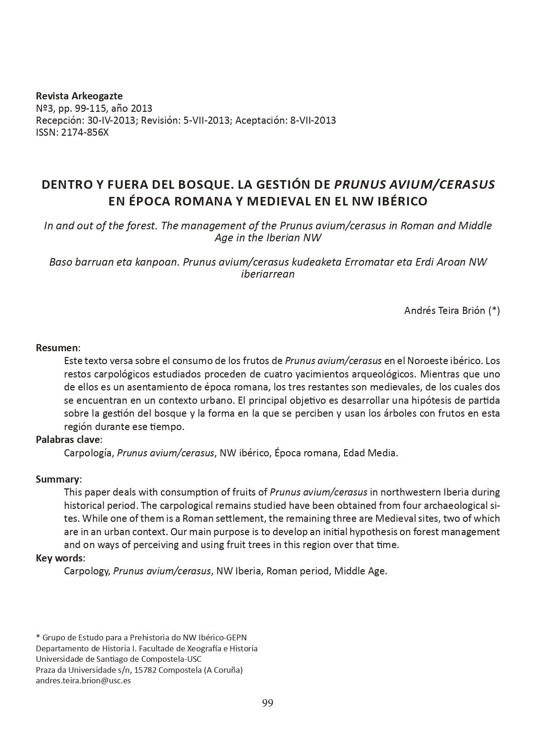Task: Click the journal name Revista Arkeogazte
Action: click(79, 96)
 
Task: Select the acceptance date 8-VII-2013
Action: click(313, 120)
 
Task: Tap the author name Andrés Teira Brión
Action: click(445, 311)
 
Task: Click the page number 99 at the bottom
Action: click(267, 702)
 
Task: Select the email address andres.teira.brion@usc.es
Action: click(83, 680)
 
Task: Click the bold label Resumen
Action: click(57, 347)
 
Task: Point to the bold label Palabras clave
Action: click(68, 440)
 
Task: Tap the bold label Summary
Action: click(57, 479)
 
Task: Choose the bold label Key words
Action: click(60, 558)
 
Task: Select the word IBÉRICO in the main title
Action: click(403, 201)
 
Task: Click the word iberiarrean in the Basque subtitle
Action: click(268, 274)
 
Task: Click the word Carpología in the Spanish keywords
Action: click(89, 453)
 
